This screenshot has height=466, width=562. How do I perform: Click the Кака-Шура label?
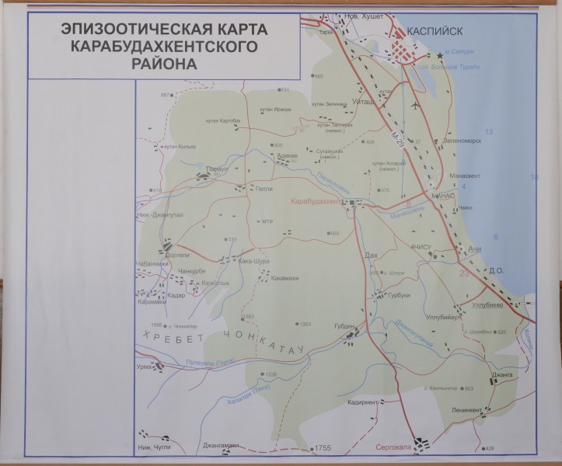(254, 262)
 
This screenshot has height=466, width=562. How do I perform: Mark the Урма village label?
(144, 366)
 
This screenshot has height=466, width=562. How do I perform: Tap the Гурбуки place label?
(400, 296)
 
